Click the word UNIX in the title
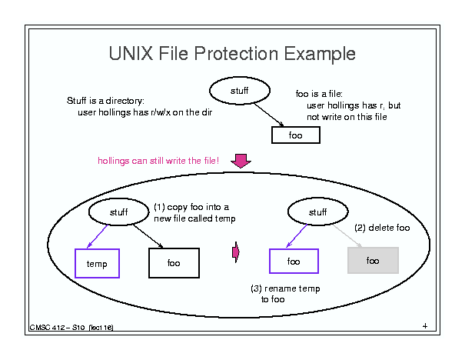[x=131, y=53]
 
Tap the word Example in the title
[x=320, y=55]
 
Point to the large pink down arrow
[x=241, y=161]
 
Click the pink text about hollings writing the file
[x=158, y=161]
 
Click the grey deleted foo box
[x=373, y=260]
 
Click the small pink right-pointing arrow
[x=236, y=252]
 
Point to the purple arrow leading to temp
[x=98, y=236]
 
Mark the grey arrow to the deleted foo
[x=347, y=235]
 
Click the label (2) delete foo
[x=382, y=228]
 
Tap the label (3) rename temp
[x=285, y=288]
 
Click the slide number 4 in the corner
[x=425, y=326]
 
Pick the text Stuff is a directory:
[x=105, y=101]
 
